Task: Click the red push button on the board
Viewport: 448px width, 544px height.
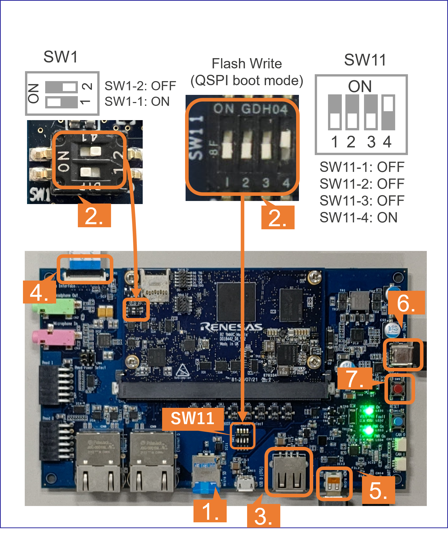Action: (x=399, y=389)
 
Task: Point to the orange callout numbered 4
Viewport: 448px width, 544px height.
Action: (x=39, y=292)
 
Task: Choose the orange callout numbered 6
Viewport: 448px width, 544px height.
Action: (x=406, y=303)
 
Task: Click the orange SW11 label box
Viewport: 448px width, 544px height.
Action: (x=192, y=418)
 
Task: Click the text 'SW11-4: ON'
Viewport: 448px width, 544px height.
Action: (x=358, y=218)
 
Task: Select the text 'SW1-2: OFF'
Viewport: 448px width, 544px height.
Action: (x=140, y=86)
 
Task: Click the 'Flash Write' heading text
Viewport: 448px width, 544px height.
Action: (x=247, y=64)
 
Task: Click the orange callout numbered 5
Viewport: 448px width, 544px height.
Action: (x=378, y=490)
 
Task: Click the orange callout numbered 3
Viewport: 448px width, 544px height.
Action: (x=263, y=516)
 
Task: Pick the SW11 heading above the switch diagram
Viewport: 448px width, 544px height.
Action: (x=365, y=60)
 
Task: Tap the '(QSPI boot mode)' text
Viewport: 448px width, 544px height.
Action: (x=247, y=80)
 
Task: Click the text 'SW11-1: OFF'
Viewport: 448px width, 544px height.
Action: (x=362, y=167)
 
